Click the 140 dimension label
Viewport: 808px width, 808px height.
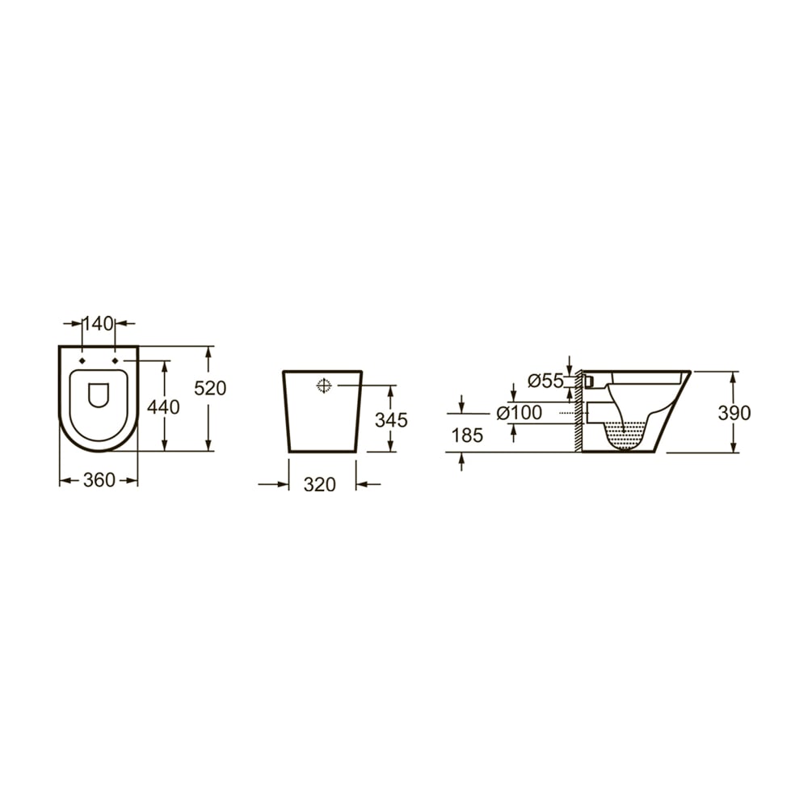[98, 324]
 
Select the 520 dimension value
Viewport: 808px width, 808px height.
[210, 388]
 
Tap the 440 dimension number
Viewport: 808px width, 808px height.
[163, 407]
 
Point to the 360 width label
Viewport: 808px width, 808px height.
[99, 481]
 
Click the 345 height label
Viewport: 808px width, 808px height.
[391, 420]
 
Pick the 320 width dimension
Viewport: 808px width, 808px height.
[319, 485]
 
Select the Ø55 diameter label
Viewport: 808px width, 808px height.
[546, 381]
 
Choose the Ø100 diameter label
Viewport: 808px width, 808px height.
[520, 413]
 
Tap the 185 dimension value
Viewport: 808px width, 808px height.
[467, 436]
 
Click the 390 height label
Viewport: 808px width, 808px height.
[734, 413]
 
